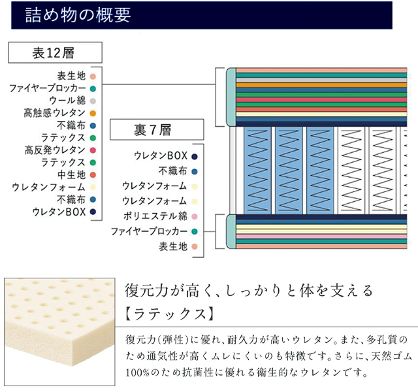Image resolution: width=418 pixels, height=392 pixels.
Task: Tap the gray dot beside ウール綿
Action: click(x=93, y=101)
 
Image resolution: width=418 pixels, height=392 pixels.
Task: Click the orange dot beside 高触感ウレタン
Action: click(x=93, y=113)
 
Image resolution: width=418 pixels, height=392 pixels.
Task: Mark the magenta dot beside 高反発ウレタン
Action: click(x=93, y=150)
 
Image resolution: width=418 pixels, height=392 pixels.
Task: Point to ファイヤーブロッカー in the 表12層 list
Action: click(x=48, y=88)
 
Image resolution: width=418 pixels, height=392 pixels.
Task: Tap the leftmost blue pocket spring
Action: click(x=258, y=169)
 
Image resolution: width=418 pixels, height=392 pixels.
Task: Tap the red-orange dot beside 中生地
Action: click(x=93, y=174)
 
